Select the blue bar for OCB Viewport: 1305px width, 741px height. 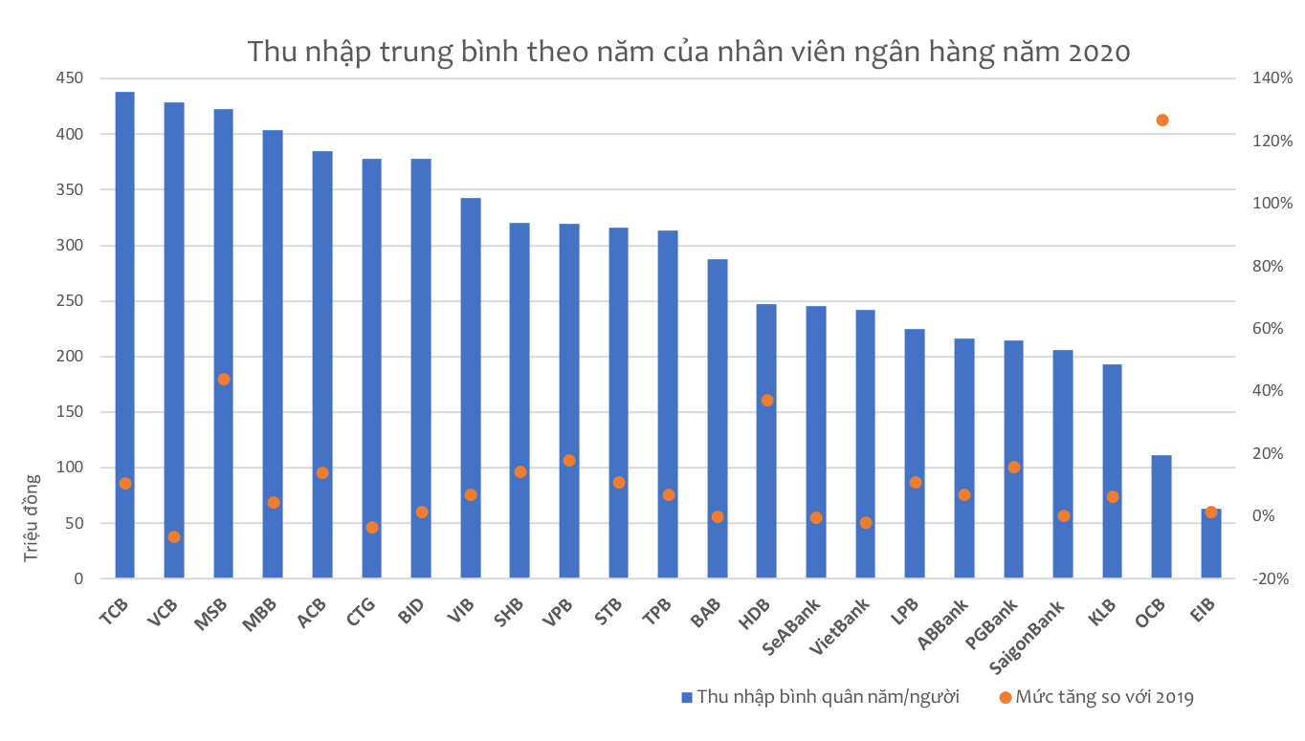1161,516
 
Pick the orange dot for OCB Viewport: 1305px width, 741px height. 1161,120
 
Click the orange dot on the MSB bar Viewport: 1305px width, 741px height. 224,379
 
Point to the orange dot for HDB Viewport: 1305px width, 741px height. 766,400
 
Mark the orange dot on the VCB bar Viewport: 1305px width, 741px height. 174,537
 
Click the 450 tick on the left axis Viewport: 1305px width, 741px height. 70,78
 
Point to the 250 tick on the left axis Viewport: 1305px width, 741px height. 70,301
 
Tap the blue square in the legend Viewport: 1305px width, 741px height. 685,697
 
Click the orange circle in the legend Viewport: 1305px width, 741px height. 1005,697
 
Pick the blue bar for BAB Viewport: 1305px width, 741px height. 717,421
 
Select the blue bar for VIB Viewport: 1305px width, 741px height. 470,382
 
